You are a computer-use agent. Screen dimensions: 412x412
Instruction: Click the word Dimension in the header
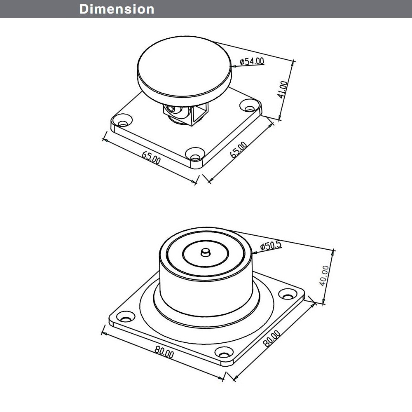117,9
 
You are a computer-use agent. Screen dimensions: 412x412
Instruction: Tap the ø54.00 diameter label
252,61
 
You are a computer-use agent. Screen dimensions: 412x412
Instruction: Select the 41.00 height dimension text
283,89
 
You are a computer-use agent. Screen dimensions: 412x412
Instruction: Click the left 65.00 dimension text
151,157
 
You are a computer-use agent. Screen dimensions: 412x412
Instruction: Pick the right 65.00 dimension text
239,150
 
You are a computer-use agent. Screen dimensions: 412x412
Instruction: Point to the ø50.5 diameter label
271,246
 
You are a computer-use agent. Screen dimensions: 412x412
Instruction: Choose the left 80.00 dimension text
164,352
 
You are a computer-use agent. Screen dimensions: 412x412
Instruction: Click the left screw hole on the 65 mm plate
123,123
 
